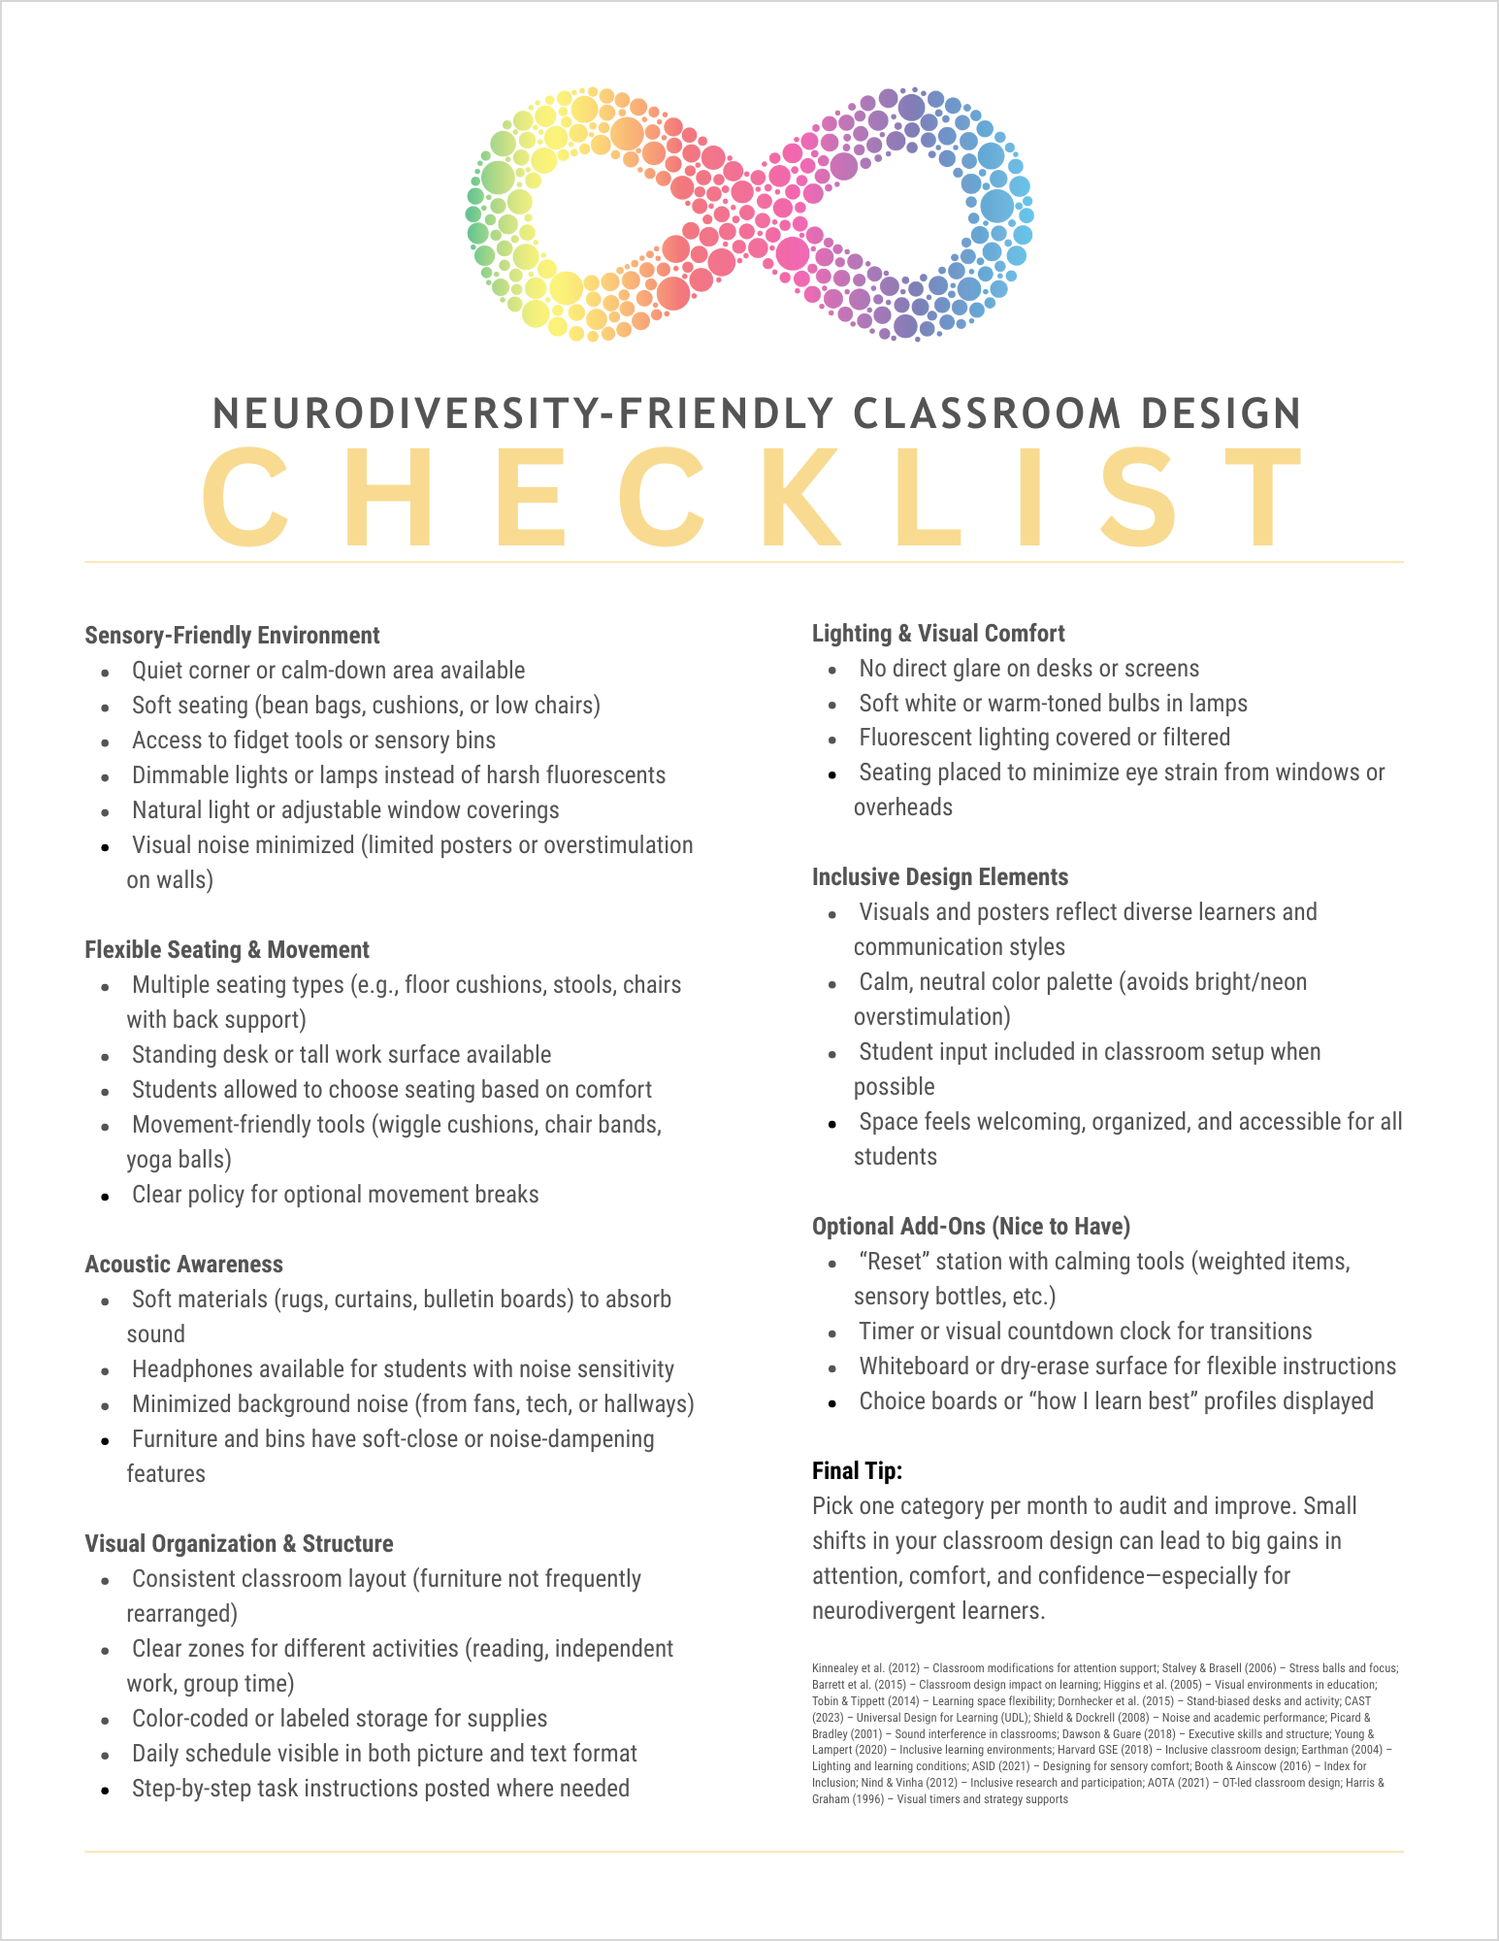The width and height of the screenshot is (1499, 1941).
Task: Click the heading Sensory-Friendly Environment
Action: click(232, 636)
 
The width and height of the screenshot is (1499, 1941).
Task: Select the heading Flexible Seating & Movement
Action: click(227, 950)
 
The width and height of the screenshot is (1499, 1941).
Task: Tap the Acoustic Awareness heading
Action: click(183, 1265)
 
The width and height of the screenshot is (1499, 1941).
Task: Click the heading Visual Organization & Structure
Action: click(239, 1544)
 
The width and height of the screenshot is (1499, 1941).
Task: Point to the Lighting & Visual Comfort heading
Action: click(938, 634)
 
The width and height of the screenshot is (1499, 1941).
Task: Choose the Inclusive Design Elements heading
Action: click(939, 877)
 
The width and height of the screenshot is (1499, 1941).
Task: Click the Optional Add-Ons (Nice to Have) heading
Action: click(970, 1227)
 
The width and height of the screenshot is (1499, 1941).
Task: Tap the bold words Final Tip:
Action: click(857, 1471)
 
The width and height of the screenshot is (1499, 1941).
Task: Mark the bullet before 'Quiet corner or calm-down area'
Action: click(105, 673)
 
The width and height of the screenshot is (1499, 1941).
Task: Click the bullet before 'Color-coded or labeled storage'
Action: click(105, 1721)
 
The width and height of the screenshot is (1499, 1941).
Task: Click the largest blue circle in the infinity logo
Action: click(996, 206)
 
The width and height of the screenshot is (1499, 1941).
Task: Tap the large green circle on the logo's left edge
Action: click(498, 178)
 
